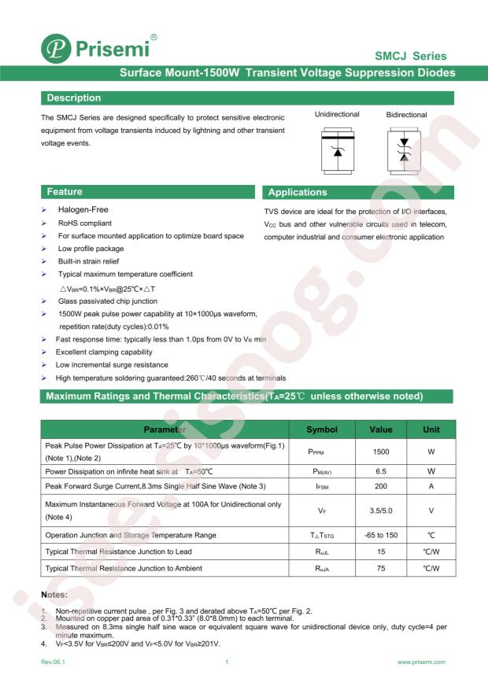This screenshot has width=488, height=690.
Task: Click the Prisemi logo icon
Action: coord(57,50)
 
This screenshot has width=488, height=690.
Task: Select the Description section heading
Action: coord(74,98)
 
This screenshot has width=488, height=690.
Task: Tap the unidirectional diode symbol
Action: coord(338,147)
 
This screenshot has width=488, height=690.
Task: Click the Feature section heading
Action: coord(65,192)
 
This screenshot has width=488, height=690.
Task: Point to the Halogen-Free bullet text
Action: coord(83,210)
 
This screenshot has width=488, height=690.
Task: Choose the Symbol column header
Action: coord(321,430)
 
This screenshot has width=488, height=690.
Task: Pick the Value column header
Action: coord(380,430)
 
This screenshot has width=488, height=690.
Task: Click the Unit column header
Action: coord(431,430)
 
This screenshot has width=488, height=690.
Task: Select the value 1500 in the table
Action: coord(380,452)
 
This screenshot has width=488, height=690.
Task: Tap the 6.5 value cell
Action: coord(380,471)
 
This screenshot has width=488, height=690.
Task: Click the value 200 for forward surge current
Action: coord(380,486)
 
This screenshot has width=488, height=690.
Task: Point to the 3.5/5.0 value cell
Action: coord(380,510)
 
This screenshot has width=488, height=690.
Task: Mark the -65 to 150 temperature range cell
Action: coord(380,535)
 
